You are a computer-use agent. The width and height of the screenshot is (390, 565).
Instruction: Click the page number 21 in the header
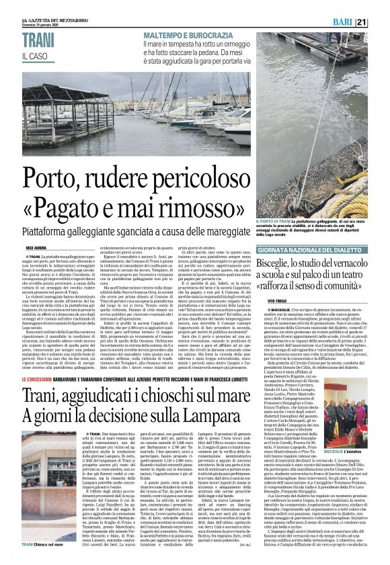(380, 23)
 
